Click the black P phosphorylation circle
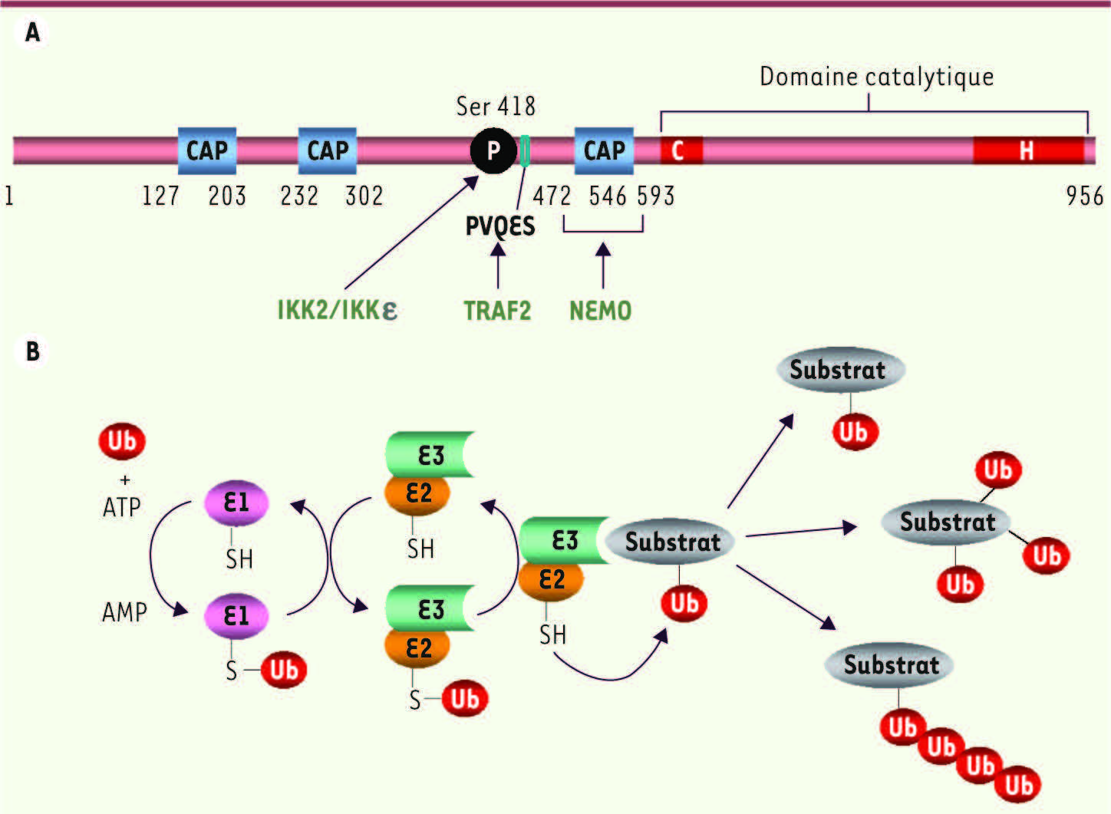(493, 150)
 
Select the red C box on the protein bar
(681, 150)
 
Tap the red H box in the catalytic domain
(1029, 150)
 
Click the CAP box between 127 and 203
(207, 151)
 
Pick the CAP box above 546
(604, 151)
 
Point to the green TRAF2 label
(497, 311)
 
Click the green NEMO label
(600, 311)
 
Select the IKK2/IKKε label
(338, 311)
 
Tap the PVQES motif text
(500, 226)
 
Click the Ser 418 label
(496, 106)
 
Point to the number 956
(1085, 196)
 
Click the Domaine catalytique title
(877, 77)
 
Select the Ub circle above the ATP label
(122, 441)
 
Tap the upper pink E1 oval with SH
(236, 503)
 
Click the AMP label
(124, 612)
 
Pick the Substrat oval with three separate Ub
(946, 522)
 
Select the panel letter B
(33, 351)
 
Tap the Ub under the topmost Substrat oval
(855, 432)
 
